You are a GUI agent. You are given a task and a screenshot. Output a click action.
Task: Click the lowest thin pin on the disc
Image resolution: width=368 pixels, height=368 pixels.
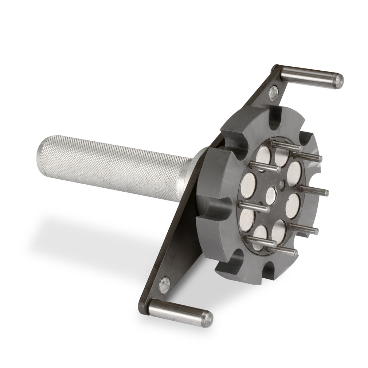pos(282,250)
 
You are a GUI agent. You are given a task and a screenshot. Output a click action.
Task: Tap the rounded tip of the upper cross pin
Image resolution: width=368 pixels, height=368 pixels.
pos(339,81)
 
